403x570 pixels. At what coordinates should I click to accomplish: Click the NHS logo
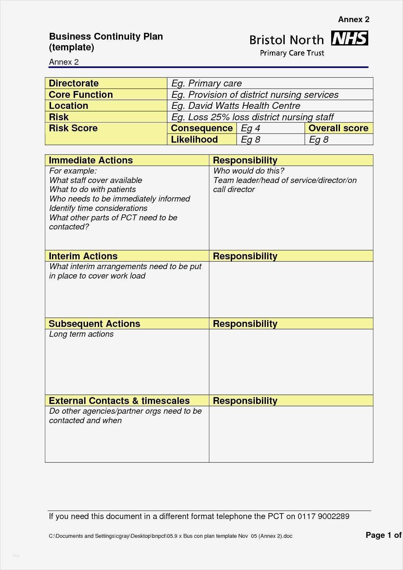pos(349,38)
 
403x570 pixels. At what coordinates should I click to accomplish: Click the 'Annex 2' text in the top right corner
pos(354,19)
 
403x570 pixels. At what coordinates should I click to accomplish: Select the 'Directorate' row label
pos(74,83)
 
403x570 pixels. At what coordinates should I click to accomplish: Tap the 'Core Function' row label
pos(81,95)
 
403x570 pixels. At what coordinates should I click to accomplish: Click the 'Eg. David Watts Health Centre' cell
pos(236,106)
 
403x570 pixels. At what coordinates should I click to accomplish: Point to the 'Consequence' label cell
pos(201,128)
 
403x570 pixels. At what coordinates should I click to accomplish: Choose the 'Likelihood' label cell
pos(194,139)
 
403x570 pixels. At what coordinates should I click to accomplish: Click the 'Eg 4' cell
pos(251,128)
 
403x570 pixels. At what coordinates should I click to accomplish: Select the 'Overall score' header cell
pos(338,128)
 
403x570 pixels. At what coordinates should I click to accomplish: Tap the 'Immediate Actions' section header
pos(91,160)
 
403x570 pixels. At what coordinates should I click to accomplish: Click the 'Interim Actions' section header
pos(83,256)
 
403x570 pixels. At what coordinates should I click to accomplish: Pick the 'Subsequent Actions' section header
pos(94,324)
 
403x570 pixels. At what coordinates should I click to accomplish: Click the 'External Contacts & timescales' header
pos(119,401)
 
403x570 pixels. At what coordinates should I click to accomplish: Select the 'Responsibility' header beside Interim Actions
pos(245,256)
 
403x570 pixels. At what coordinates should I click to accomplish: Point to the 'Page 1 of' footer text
pos(383,535)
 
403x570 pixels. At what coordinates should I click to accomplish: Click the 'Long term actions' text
pos(81,334)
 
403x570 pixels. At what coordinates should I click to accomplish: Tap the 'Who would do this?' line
pos(249,171)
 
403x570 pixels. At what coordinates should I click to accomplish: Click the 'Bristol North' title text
pos(287,40)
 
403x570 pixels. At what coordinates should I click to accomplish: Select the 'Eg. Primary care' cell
pos(206,83)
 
